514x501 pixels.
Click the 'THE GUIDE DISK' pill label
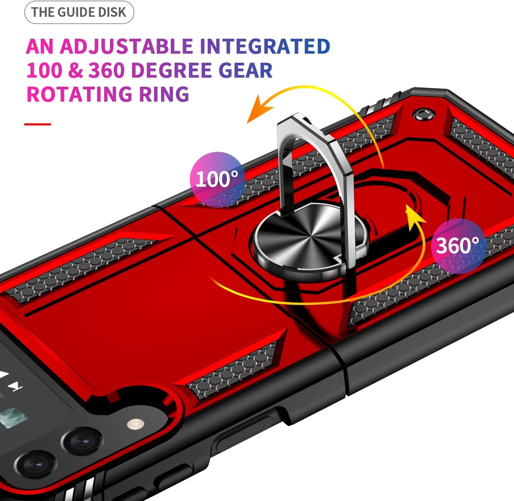click(79, 12)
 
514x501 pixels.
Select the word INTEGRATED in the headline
click(265, 47)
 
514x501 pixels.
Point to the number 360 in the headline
click(106, 70)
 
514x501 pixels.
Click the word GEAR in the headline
click(245, 70)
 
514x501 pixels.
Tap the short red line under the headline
click(38, 124)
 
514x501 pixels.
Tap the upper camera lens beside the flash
click(82, 441)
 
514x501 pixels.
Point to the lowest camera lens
click(35, 464)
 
